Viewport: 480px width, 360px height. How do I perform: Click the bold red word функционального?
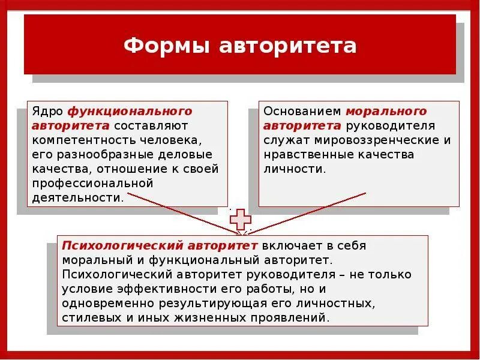point(130,112)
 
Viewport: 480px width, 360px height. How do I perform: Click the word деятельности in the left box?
point(77,197)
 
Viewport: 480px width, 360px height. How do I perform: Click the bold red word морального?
point(387,112)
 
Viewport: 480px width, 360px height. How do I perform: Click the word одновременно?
point(109,303)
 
